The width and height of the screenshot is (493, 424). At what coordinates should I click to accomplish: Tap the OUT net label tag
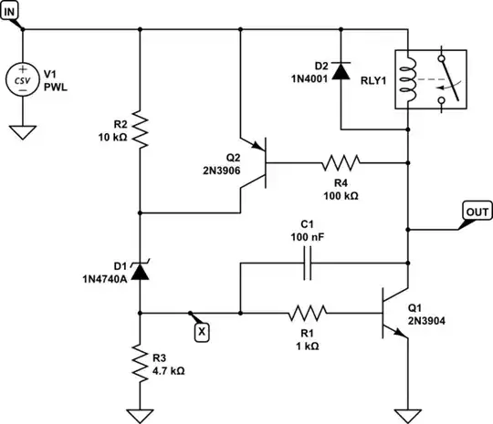[x=477, y=212]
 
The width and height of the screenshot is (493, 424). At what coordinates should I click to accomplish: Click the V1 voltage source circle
[x=21, y=79]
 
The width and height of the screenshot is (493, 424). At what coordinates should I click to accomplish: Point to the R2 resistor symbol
[x=140, y=129]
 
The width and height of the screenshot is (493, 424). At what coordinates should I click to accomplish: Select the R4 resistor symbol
[x=340, y=163]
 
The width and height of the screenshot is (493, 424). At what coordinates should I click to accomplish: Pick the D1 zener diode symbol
[x=140, y=269]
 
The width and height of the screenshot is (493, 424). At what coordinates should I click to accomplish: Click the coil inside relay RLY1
[x=410, y=79]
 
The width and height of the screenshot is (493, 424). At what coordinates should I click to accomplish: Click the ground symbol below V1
[x=21, y=131]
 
